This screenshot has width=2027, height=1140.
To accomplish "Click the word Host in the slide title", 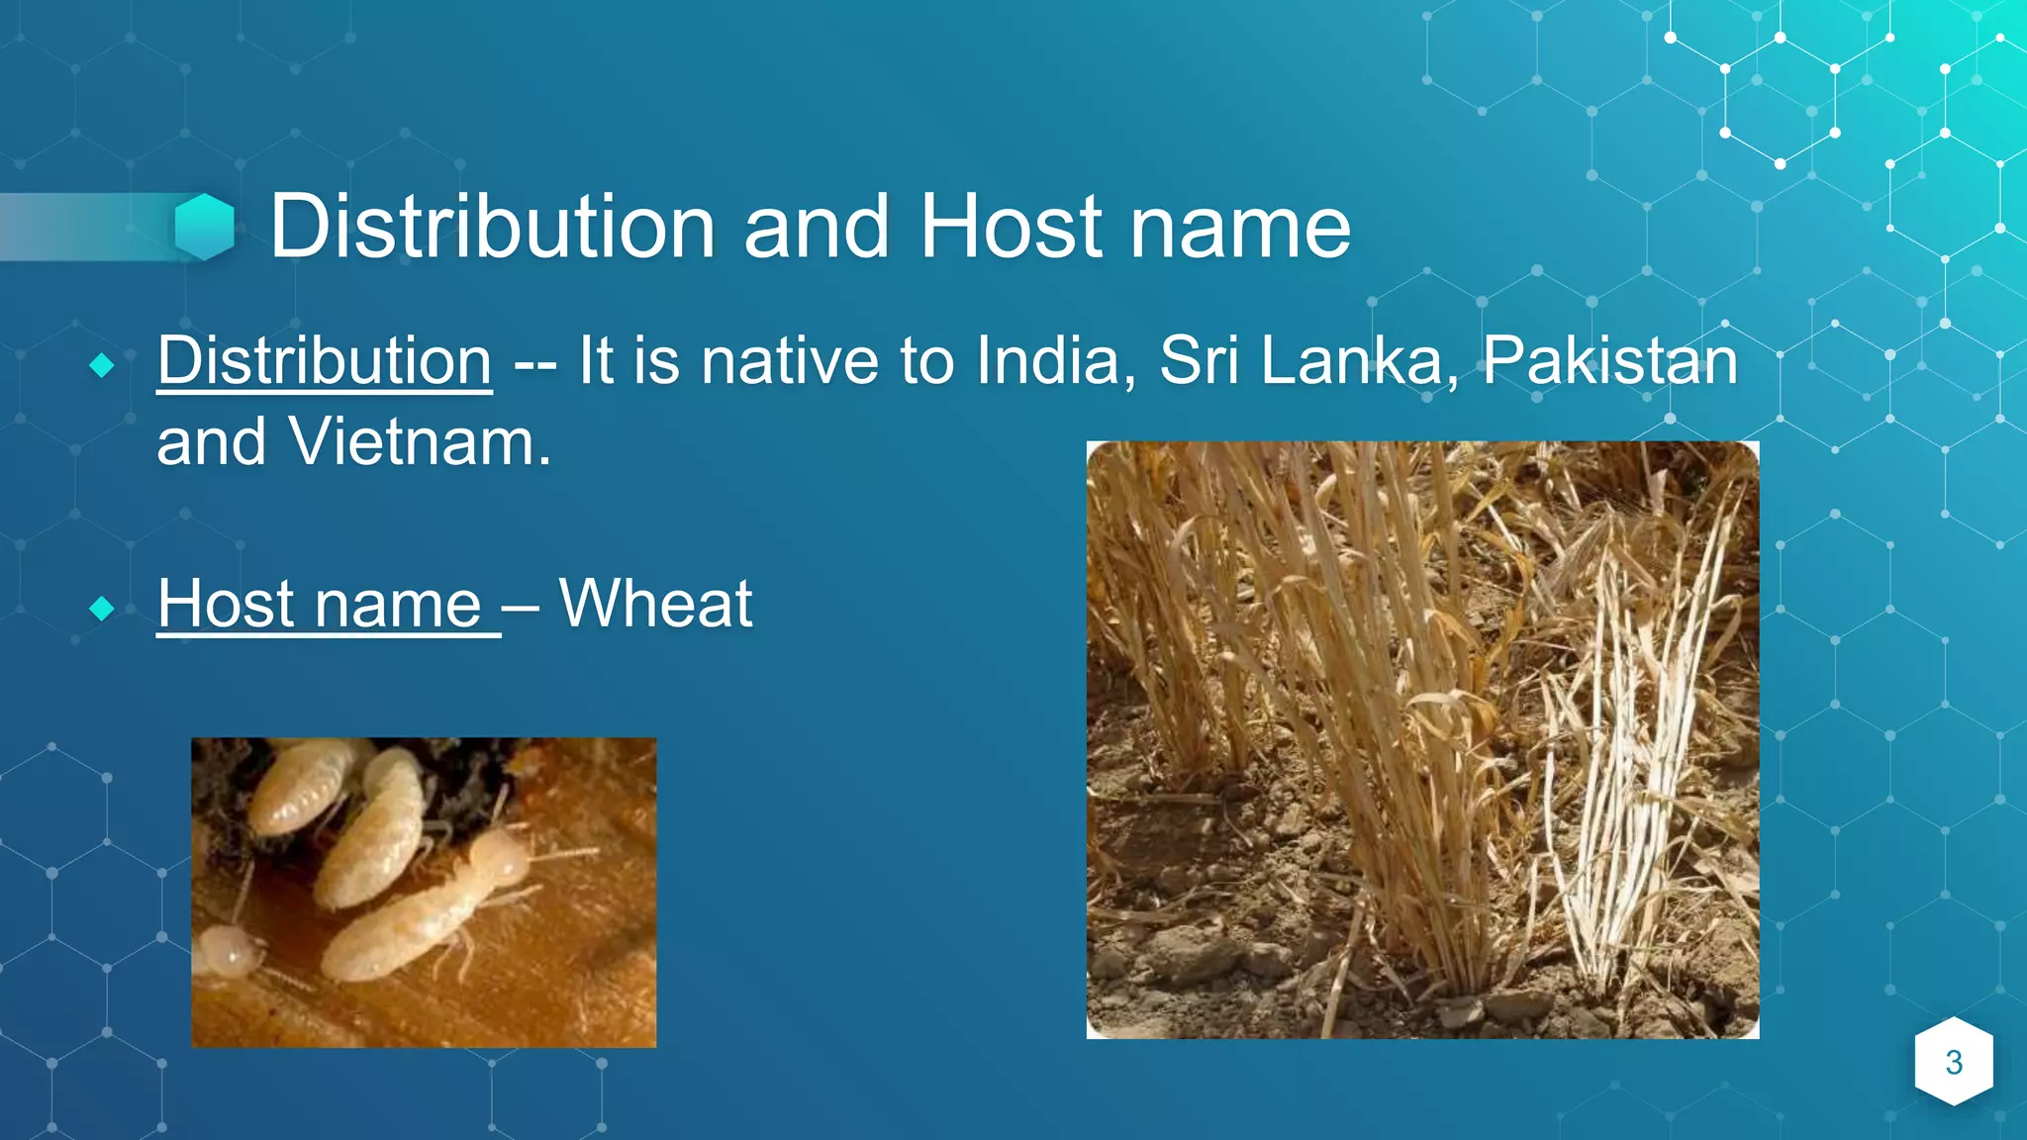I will [1011, 227].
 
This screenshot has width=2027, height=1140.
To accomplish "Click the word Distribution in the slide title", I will [492, 227].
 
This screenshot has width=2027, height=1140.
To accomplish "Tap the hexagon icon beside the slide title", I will [204, 227].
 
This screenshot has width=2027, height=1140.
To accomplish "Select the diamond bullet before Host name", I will [102, 608].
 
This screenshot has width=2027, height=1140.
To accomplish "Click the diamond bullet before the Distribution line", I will [102, 365].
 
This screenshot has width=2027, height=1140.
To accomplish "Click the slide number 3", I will [1954, 1062].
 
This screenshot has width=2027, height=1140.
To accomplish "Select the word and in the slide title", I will [817, 227].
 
